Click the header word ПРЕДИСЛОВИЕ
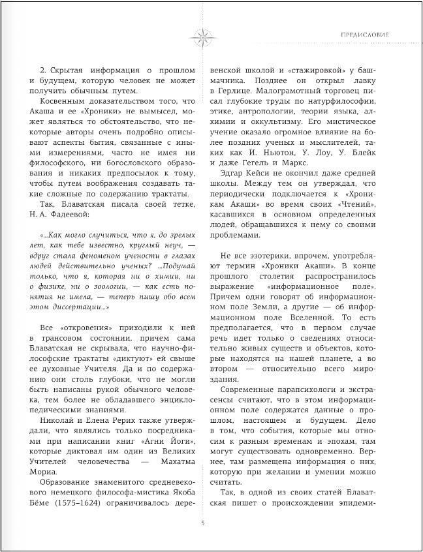click(x=366, y=33)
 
